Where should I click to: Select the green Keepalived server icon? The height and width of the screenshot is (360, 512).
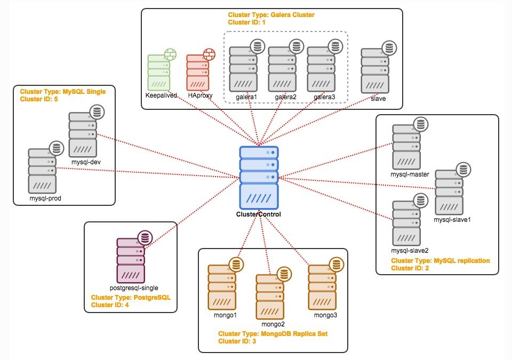click(x=158, y=72)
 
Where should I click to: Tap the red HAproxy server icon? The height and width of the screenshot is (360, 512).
click(x=197, y=72)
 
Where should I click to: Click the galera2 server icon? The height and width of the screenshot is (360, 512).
click(x=282, y=69)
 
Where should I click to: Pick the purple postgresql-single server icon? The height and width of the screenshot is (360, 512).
click(x=131, y=260)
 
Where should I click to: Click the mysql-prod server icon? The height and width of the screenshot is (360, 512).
click(x=43, y=171)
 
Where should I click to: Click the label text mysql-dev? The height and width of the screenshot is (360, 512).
click(x=86, y=162)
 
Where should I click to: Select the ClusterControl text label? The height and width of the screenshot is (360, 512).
click(x=258, y=214)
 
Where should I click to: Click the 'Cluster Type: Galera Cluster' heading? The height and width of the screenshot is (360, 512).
click(x=271, y=15)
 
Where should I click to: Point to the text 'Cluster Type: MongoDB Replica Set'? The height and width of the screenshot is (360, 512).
click(x=273, y=333)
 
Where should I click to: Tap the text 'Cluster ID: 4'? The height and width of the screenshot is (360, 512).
click(x=109, y=305)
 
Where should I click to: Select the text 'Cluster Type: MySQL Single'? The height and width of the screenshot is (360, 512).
click(x=62, y=92)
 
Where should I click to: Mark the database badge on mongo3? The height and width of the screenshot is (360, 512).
click(x=335, y=265)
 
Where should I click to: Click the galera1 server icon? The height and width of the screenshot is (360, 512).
click(x=244, y=69)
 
